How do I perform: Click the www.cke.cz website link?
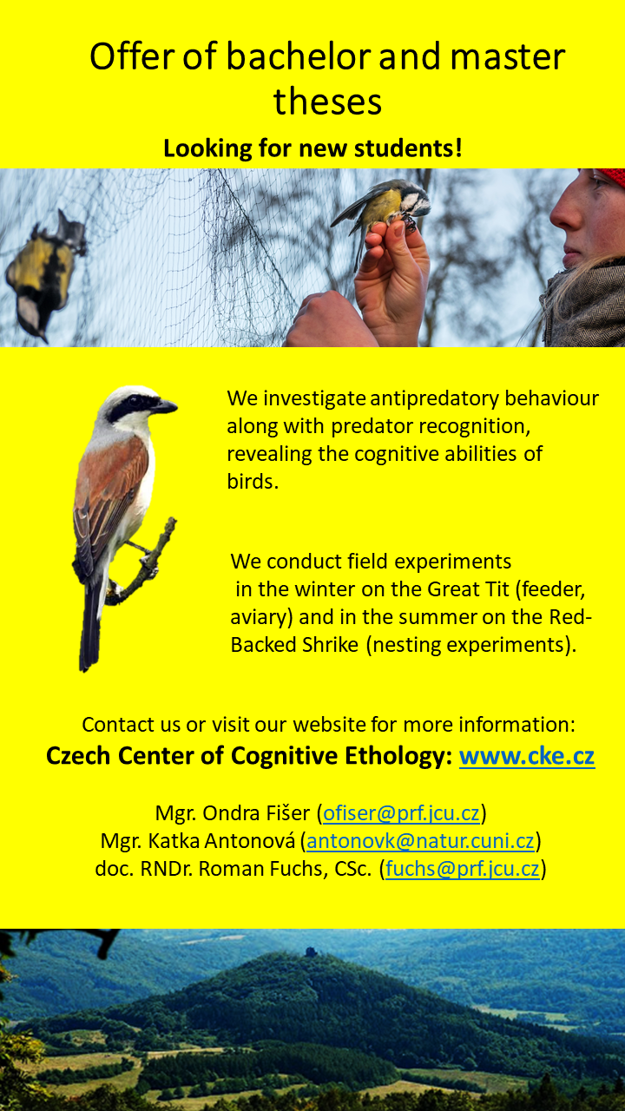pyautogui.click(x=527, y=756)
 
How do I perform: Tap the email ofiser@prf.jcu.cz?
pyautogui.click(x=401, y=813)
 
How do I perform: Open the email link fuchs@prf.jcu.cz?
pyautogui.click(x=463, y=869)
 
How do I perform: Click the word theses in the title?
pyautogui.click(x=327, y=102)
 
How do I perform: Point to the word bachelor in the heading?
pyautogui.click(x=299, y=56)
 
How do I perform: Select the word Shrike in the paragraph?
pyautogui.click(x=330, y=645)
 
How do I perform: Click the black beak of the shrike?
pyautogui.click(x=165, y=406)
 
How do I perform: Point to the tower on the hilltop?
pyautogui.click(x=311, y=951)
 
